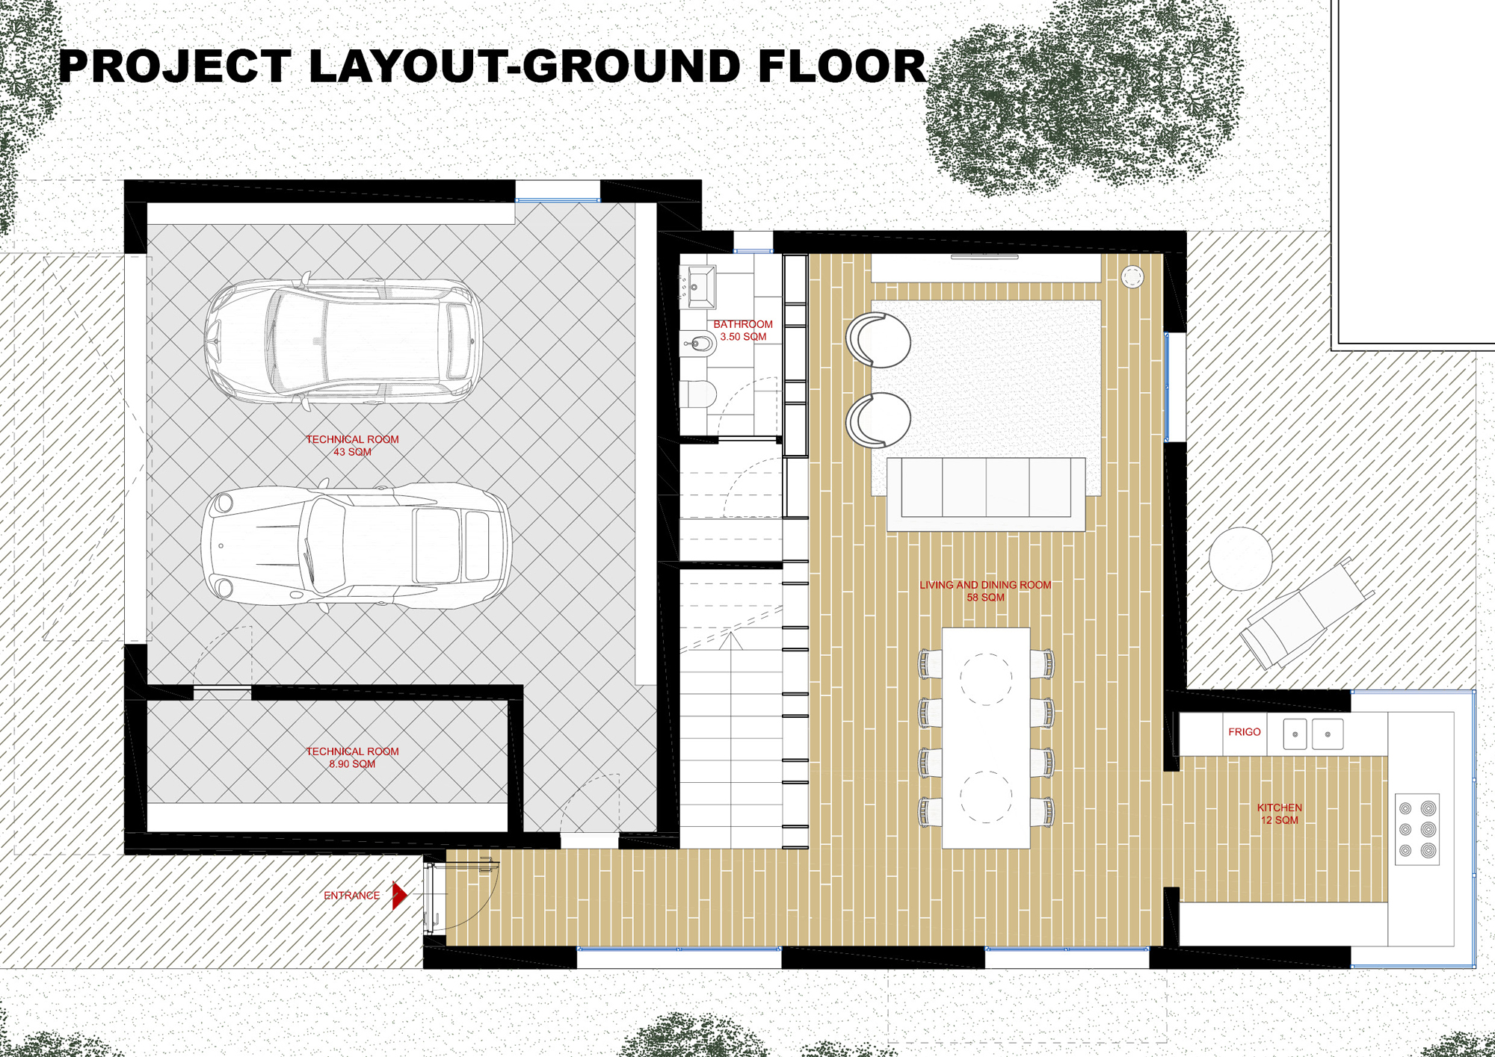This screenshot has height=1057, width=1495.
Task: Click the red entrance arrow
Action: [400, 895]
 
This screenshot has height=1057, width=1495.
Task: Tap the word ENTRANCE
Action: [351, 895]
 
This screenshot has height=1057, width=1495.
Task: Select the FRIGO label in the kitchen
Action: [1244, 732]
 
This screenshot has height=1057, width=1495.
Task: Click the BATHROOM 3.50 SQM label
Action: [743, 330]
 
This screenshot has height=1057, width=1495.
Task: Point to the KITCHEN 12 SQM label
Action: [1280, 813]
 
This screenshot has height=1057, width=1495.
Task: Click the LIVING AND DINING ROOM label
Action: [985, 585]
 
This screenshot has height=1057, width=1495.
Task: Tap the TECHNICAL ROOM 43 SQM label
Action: [352, 445]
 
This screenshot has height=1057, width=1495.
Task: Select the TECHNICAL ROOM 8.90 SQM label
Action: [352, 757]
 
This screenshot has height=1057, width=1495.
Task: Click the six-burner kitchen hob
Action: [1417, 829]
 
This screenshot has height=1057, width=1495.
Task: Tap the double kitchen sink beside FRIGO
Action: [1313, 734]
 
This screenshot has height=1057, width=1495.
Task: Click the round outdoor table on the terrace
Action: [1241, 559]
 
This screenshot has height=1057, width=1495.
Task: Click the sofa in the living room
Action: [986, 494]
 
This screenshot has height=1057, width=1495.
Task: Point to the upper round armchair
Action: [878, 340]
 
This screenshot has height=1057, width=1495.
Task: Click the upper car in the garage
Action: [343, 341]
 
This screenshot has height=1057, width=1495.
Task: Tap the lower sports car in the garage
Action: [357, 545]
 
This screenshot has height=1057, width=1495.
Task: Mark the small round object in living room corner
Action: [1132, 277]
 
